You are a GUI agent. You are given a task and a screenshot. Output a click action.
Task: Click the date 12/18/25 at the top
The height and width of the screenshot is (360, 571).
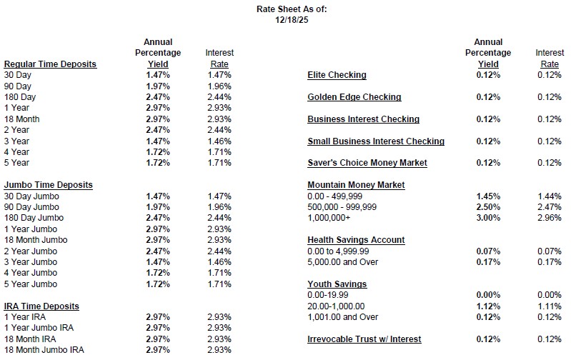[285, 20]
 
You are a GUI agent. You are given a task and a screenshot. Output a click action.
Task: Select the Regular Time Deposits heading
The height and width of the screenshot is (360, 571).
[50, 64]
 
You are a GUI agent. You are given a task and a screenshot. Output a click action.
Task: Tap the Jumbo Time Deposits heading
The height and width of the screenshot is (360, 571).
[48, 185]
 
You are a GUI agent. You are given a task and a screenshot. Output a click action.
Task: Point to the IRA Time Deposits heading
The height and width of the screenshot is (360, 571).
[41, 306]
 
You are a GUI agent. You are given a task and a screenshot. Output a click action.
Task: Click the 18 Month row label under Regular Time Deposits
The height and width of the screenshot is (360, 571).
[21, 119]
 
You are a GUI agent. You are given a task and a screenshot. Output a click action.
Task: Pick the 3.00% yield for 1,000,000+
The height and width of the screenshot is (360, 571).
[488, 218]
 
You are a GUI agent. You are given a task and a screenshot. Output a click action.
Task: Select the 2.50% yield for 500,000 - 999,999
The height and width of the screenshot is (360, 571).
[488, 206]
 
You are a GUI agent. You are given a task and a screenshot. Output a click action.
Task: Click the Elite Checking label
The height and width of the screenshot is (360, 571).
[337, 75]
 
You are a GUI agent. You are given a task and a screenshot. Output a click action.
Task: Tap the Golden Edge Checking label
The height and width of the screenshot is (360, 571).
[354, 97]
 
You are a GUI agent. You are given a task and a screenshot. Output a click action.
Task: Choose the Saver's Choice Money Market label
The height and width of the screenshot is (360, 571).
[367, 163]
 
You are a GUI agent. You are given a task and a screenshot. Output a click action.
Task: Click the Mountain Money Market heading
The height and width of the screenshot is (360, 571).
[356, 185]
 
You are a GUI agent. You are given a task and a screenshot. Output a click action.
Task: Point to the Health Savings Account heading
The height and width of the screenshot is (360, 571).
[356, 240]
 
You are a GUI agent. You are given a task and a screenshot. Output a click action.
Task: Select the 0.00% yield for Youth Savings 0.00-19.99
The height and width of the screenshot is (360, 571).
[488, 295]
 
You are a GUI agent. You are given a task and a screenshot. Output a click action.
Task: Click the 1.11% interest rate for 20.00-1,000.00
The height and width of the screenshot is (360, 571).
[549, 306]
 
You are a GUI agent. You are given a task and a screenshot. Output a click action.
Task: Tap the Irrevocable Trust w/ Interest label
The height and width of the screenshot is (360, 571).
[364, 339]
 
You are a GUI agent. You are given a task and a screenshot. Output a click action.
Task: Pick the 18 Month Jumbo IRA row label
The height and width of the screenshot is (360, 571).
[44, 350]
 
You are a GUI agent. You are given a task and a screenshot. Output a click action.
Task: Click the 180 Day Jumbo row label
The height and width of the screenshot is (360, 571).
[34, 218]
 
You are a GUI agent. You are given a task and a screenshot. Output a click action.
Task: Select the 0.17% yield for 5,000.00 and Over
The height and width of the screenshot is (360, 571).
[488, 262]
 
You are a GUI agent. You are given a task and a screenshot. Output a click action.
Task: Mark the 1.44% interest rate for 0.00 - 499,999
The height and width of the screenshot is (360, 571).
[549, 196]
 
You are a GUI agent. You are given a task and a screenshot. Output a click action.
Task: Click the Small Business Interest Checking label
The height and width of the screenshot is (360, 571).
[376, 141]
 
